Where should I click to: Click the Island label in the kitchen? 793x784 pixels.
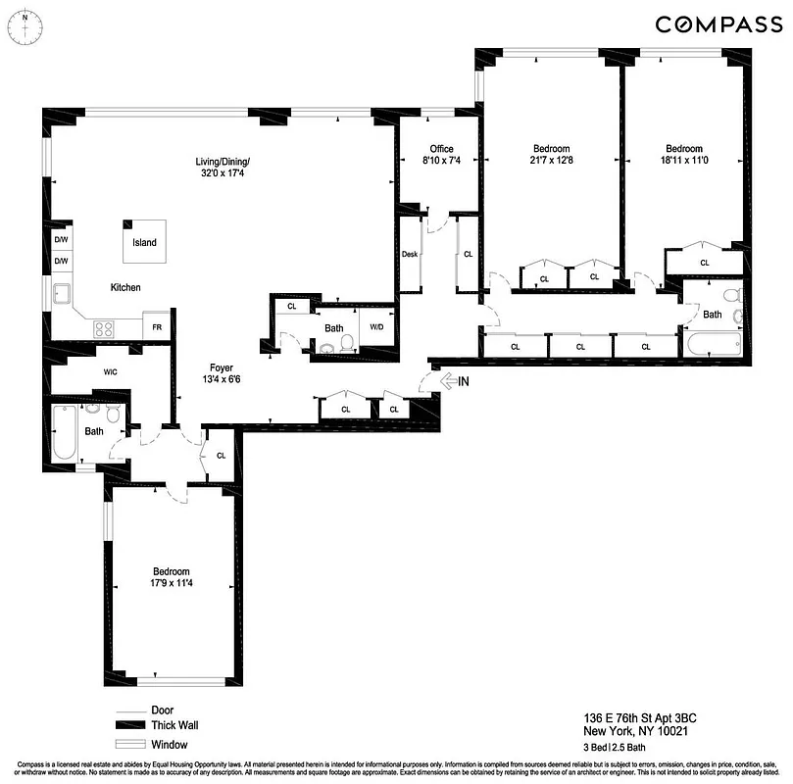coord(143,242)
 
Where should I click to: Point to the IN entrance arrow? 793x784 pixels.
coord(453,380)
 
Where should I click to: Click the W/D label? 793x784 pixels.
coord(376,327)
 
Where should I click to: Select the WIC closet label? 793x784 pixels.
coord(111,371)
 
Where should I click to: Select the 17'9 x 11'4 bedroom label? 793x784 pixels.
coord(171,578)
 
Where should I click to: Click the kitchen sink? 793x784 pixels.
coord(62,293)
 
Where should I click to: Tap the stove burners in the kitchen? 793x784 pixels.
coord(104,328)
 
